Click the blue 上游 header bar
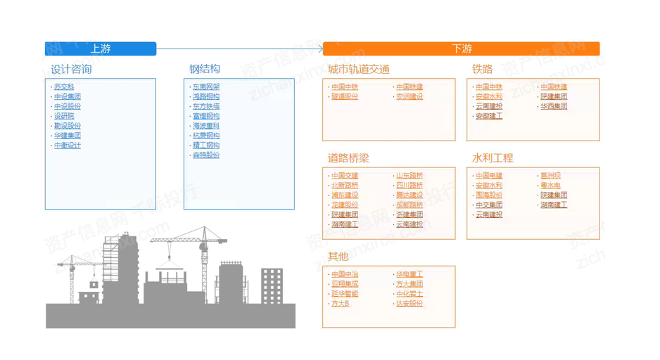coord(100,49)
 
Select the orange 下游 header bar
coord(462,49)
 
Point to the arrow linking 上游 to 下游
coord(239,49)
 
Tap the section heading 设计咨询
coord(71,69)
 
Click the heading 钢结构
coord(205,69)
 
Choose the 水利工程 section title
coord(493,158)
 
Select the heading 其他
coord(338,257)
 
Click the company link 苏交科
coord(64,87)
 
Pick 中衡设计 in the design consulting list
coord(68,146)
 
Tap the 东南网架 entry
coord(206,87)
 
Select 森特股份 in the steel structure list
coord(206,155)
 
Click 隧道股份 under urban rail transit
coord(345,97)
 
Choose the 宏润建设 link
coord(410,97)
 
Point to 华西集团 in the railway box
coord(554,107)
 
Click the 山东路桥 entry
coord(410,176)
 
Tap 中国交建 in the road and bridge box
coord(345,176)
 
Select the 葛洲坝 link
coord(550,176)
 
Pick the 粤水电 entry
coord(550,186)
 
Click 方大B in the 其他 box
coord(341,304)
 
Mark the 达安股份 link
coord(410,304)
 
